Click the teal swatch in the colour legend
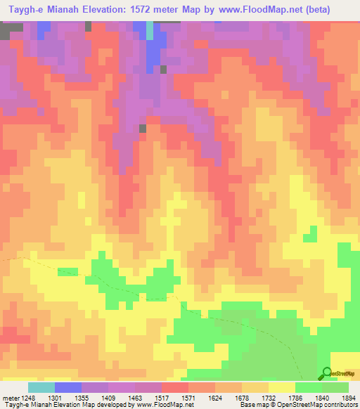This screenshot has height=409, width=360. [x=41, y=387]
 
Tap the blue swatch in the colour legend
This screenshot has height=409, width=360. [x=68, y=387]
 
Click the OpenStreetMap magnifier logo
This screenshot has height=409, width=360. [x=326, y=373]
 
